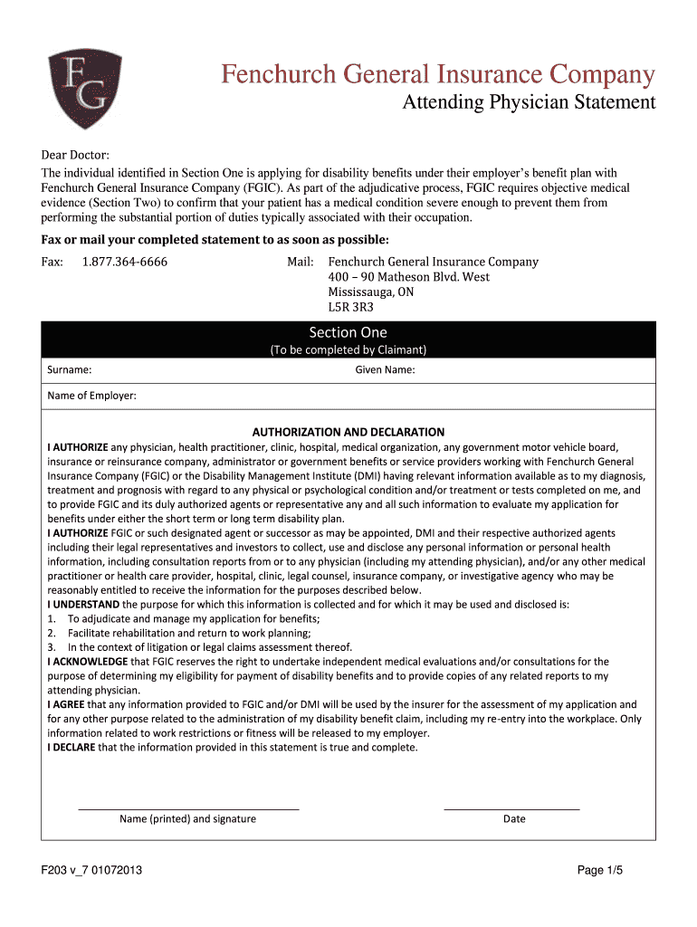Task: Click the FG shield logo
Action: point(84,90)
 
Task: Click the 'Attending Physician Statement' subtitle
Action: point(529,102)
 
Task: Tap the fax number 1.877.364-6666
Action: point(124,263)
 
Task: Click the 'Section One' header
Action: point(348,332)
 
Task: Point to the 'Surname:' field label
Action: point(69,369)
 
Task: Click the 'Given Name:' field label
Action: point(385,369)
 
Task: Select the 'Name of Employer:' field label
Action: point(91,396)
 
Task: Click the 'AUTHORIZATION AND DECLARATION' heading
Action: point(348,432)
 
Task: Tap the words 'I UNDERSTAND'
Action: point(83,604)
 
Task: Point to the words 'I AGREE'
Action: point(66,704)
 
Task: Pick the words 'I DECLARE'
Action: point(72,748)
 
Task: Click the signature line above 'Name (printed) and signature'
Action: point(188,808)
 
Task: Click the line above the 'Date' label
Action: point(511,808)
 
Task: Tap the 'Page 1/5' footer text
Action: point(600,871)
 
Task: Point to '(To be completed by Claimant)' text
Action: point(348,349)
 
